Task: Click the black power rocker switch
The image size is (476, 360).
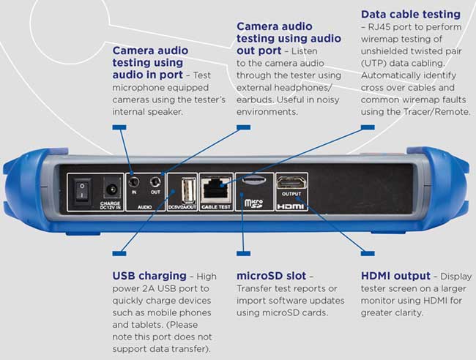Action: click(83, 188)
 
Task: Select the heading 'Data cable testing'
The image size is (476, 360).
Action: click(410, 14)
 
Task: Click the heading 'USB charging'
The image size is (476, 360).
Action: click(149, 276)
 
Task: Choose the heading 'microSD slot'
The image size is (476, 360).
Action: click(275, 276)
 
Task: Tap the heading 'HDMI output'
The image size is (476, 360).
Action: click(395, 276)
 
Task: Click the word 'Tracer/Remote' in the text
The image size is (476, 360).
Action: click(438, 110)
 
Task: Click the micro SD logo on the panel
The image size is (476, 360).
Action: click(252, 200)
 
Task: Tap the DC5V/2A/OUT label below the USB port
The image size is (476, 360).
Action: click(182, 207)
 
